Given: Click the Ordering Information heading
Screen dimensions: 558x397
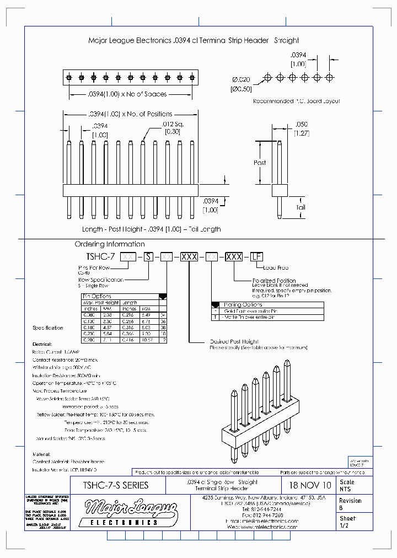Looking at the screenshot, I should (x=110, y=244).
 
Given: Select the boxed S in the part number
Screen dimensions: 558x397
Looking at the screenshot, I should (x=147, y=257).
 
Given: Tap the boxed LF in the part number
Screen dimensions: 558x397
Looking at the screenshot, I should (x=256, y=257).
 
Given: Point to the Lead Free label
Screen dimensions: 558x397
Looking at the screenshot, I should (x=276, y=268).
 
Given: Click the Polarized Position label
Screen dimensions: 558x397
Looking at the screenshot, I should (x=274, y=280).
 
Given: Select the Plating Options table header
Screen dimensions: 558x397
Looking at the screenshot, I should (x=243, y=304).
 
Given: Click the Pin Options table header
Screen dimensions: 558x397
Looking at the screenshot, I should (x=97, y=296).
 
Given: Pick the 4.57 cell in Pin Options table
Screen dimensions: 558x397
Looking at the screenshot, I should (x=108, y=326).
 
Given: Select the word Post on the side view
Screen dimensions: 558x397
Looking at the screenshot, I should (x=260, y=163).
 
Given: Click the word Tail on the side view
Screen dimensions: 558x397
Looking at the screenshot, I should (x=301, y=207).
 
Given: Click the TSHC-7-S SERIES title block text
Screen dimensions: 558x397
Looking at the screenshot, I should (x=115, y=485).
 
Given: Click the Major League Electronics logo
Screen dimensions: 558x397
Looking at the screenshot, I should (x=131, y=511).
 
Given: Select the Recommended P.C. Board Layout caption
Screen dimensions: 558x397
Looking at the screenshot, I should (x=296, y=101).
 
